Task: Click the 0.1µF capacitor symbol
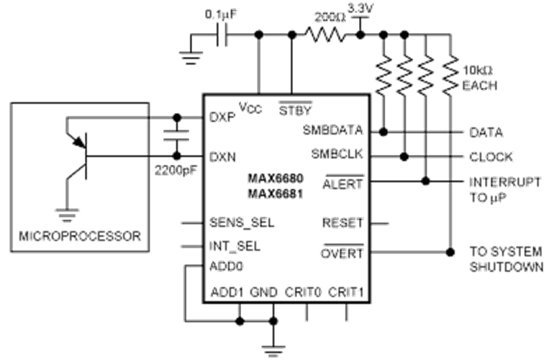click(222, 35)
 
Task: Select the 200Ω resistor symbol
click(326, 35)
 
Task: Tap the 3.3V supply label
click(360, 9)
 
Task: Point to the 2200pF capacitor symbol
click(176, 135)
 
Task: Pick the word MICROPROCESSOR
click(80, 236)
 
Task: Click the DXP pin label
click(222, 117)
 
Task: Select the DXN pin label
click(222, 157)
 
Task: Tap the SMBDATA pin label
click(332, 130)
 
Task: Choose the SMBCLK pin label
click(337, 154)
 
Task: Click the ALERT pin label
click(342, 183)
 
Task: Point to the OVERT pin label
click(342, 253)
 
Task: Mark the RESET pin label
click(342, 222)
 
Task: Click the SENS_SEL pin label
click(242, 222)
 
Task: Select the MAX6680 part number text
click(276, 179)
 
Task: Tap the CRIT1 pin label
click(346, 292)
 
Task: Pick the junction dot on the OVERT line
click(450, 252)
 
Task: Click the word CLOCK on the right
click(491, 157)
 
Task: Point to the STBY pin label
click(296, 109)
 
